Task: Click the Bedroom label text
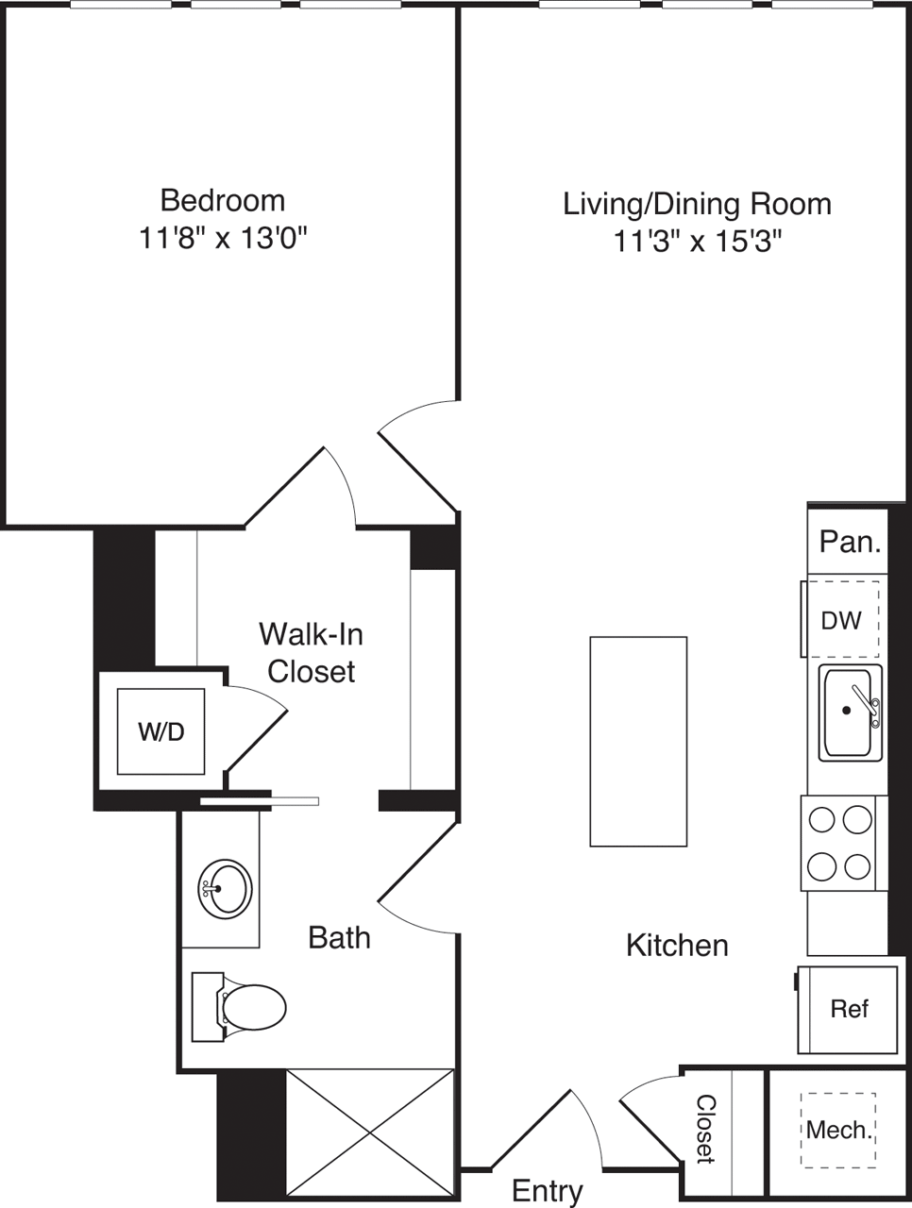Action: [222, 200]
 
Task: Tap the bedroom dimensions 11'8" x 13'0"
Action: [224, 238]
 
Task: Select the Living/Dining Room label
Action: [697, 204]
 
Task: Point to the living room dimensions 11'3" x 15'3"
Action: [698, 242]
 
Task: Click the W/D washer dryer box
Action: [160, 731]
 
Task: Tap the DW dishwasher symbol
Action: [840, 620]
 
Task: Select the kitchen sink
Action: [849, 712]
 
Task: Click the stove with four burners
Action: [839, 843]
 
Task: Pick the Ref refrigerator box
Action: [848, 1009]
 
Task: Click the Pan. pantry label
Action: [850, 542]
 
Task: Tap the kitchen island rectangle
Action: [638, 741]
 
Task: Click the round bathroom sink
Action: [226, 887]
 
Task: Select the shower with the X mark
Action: [369, 1132]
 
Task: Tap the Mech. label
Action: [838, 1130]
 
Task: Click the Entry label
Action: [547, 1191]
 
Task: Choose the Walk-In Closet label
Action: [311, 652]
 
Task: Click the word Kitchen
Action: [677, 945]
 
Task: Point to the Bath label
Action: [339, 937]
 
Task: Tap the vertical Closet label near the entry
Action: [705, 1129]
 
